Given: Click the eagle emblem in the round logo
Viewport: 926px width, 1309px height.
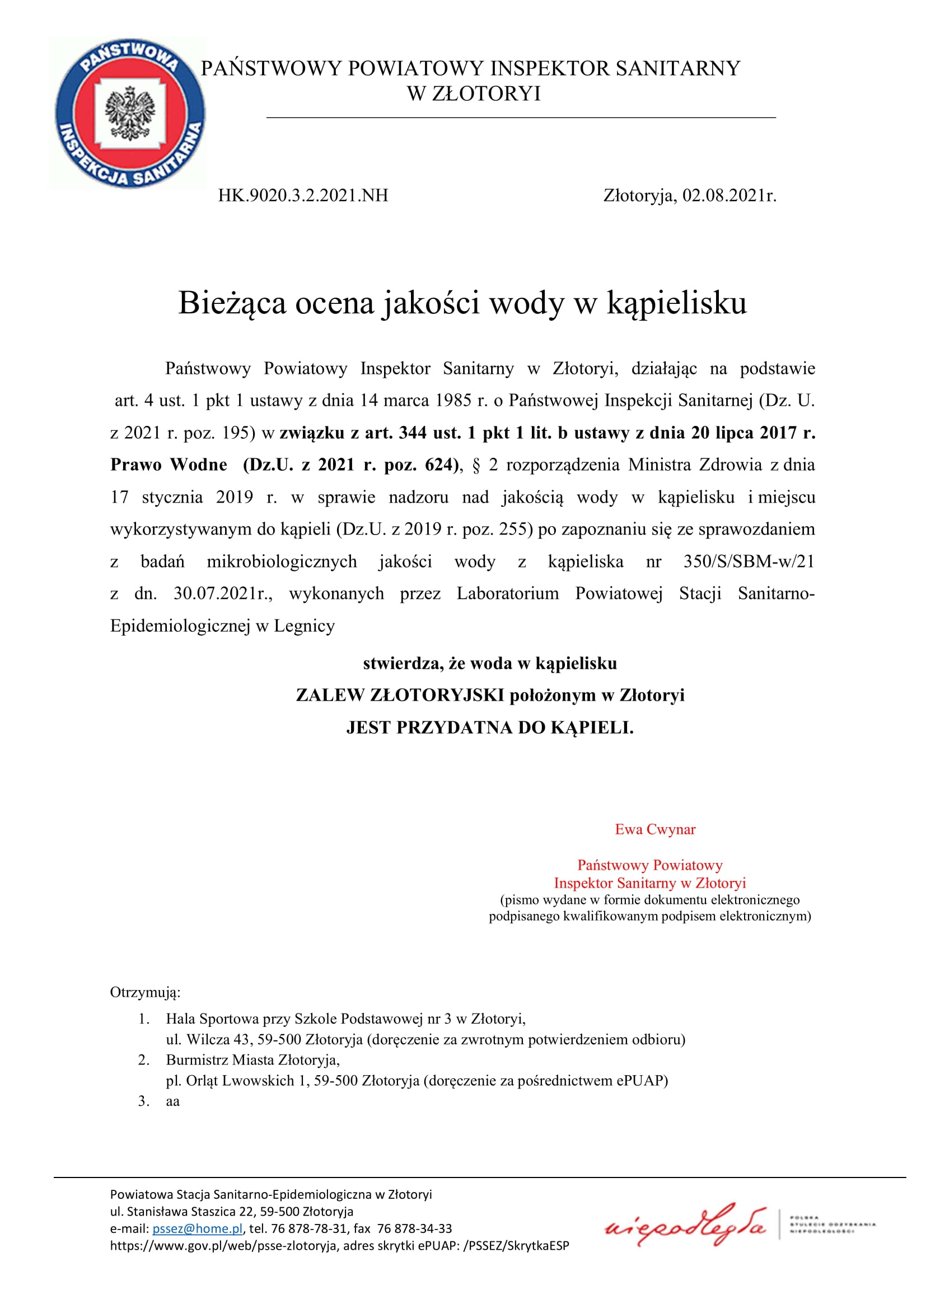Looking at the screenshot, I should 130,113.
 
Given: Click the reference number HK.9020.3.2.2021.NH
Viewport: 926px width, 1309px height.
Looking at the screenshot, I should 303,195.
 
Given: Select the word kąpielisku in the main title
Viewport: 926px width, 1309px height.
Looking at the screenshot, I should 676,303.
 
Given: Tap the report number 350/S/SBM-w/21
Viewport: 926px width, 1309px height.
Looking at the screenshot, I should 749,561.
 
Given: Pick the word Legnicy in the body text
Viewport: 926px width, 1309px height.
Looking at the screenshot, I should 304,626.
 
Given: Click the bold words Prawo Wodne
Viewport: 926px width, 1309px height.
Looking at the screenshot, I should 169,465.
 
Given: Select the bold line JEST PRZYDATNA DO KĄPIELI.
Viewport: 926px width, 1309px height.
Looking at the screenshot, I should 490,728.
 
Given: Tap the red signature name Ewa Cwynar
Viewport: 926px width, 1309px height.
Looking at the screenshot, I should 655,829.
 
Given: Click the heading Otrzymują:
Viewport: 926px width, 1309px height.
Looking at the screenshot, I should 145,993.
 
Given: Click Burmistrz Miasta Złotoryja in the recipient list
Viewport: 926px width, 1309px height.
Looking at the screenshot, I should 252,1060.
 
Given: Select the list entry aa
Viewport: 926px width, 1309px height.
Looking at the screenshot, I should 173,1101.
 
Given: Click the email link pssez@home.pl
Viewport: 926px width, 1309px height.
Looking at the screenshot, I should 197,1228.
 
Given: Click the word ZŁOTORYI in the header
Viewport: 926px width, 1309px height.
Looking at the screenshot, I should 486,94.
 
